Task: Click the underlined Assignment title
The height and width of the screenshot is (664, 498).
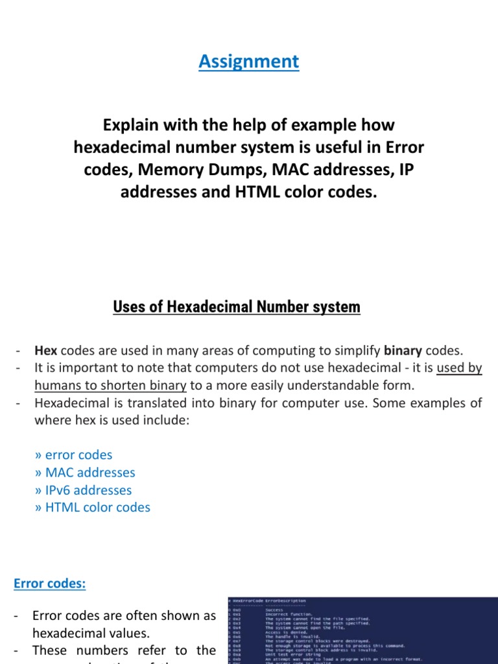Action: [249, 62]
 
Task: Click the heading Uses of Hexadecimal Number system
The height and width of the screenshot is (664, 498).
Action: [237, 307]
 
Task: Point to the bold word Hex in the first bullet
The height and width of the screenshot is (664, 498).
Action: [45, 351]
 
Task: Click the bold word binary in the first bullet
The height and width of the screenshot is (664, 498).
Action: [403, 351]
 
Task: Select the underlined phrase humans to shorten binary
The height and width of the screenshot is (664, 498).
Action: [110, 386]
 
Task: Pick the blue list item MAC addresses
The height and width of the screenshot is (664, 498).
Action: [85, 473]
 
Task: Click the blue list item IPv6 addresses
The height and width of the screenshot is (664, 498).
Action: [83, 490]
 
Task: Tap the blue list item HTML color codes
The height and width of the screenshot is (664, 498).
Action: [92, 508]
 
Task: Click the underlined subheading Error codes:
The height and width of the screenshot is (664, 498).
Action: [50, 584]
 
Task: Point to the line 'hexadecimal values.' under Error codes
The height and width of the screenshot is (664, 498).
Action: [90, 633]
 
